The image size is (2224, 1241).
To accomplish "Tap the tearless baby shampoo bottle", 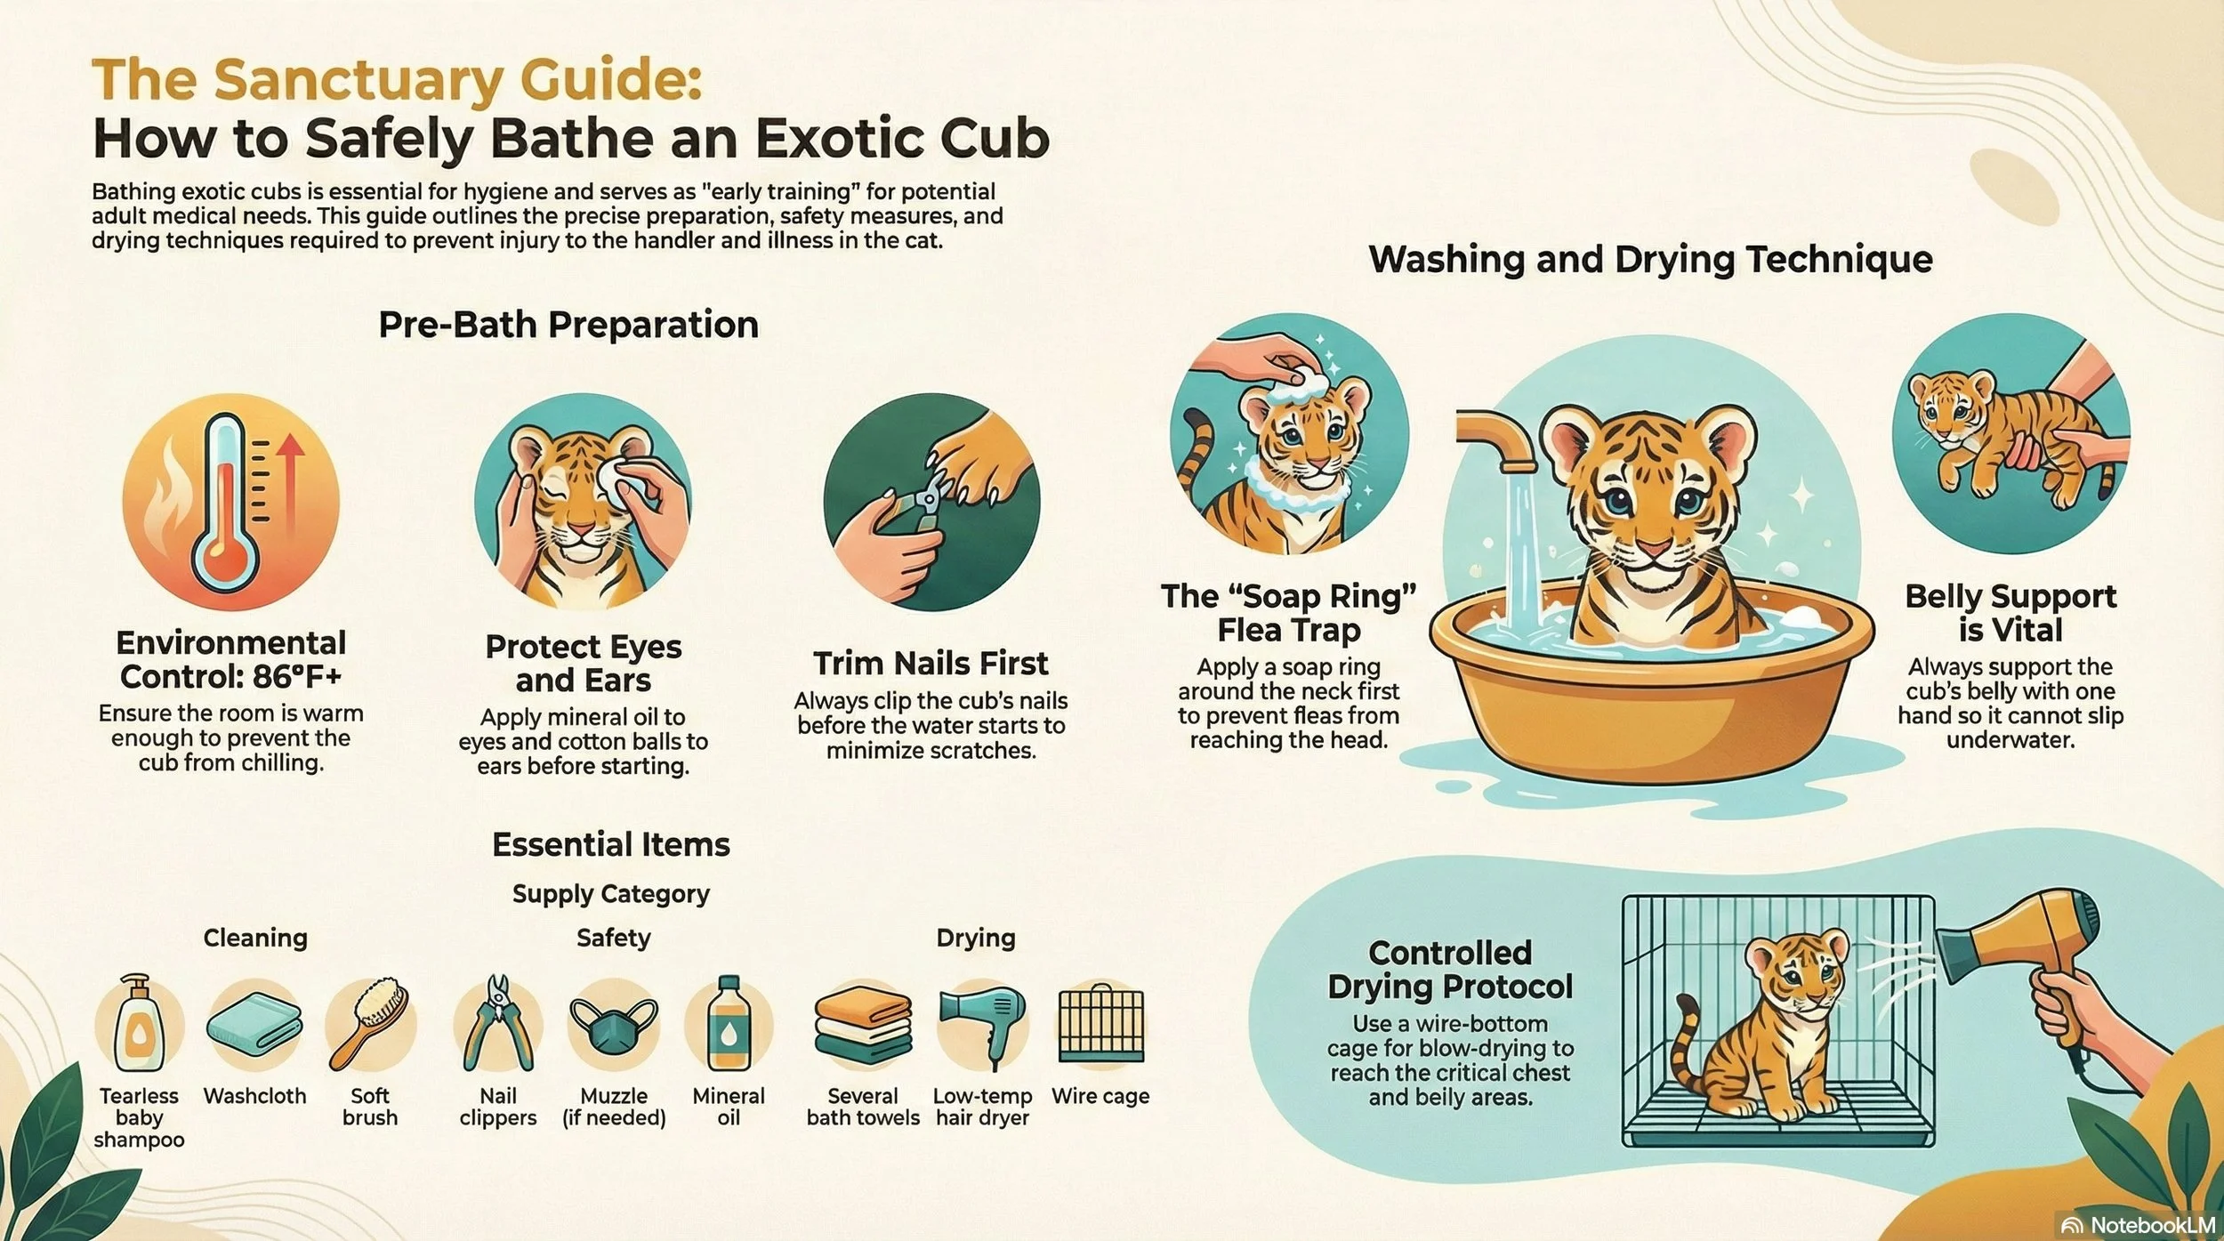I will pyautogui.click(x=138, y=1023).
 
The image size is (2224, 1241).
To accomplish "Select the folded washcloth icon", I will pyautogui.click(x=254, y=1023).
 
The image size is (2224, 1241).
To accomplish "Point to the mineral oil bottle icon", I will pyautogui.click(x=729, y=1023).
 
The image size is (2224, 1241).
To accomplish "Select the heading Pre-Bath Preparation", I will pyautogui.click(x=568, y=325).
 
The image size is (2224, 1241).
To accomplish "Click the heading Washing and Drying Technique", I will pyautogui.click(x=1650, y=260).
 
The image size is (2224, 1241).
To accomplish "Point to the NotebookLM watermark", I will pyautogui.click(x=2139, y=1225).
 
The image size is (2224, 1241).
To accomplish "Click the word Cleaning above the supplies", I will pyautogui.click(x=255, y=938).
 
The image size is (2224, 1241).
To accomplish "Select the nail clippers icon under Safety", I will pyautogui.click(x=498, y=1023).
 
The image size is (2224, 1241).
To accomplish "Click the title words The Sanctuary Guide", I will pyautogui.click(x=397, y=80).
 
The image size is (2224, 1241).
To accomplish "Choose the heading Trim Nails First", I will pyautogui.click(x=931, y=664).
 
